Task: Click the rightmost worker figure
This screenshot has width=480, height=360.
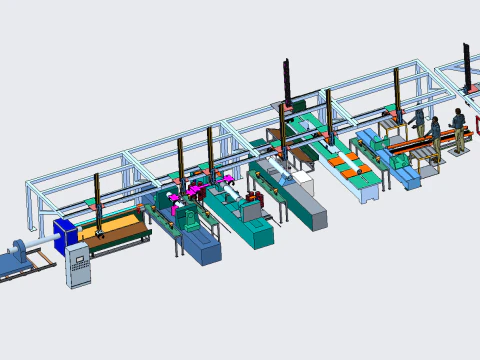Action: [459, 129]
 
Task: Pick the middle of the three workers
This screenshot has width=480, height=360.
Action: [435, 136]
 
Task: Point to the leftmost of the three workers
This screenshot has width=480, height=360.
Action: [418, 124]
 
